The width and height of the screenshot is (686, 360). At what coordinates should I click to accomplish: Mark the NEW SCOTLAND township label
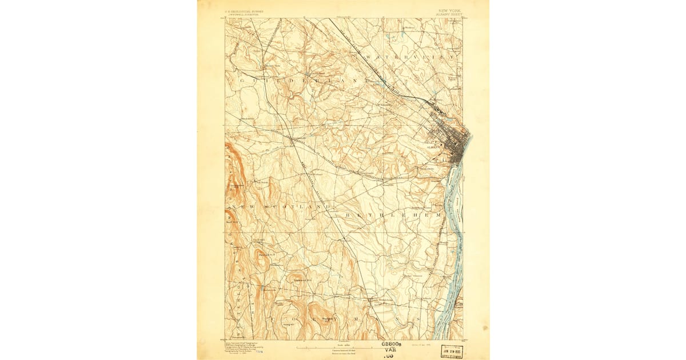[x=280, y=206]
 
